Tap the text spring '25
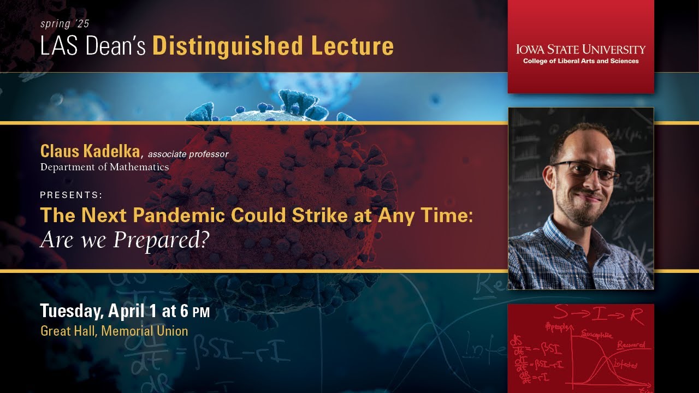[x=64, y=24]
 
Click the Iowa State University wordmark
[x=580, y=49]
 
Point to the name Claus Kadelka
[x=90, y=152]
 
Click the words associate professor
[x=188, y=154]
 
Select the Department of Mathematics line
[x=104, y=167]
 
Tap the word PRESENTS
[x=71, y=195]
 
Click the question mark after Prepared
[x=204, y=240]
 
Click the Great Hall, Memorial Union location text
[x=114, y=331]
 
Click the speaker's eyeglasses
[x=587, y=171]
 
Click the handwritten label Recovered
[x=631, y=345]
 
